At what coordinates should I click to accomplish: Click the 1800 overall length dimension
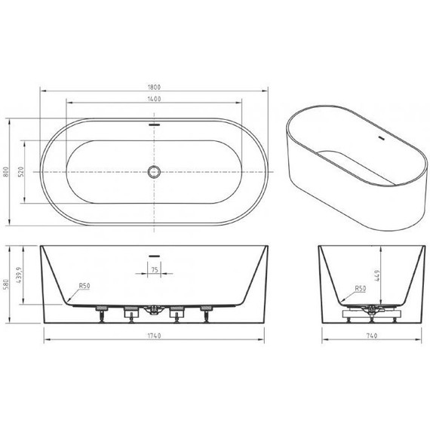coord(155,87)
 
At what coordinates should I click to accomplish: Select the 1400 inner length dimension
coord(155,100)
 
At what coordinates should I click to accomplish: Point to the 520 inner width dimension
coord(23,171)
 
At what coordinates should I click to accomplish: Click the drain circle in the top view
coord(155,171)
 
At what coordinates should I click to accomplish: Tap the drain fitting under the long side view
coord(155,309)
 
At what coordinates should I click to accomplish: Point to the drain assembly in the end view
coord(370,309)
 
